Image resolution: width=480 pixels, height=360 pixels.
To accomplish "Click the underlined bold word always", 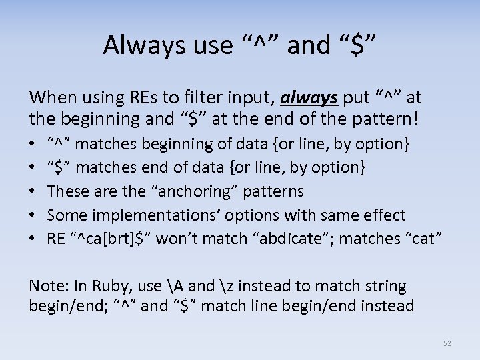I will [310, 99].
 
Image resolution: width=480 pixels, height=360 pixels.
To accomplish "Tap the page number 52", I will [447, 343].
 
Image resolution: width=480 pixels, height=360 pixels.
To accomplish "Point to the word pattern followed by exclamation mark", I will [386, 120].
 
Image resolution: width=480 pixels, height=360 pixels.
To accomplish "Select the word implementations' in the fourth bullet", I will [137, 215].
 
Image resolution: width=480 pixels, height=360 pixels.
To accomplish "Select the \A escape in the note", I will [177, 286].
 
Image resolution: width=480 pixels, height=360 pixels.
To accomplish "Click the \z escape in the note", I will [227, 286].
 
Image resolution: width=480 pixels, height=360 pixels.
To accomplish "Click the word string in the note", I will [385, 286].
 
